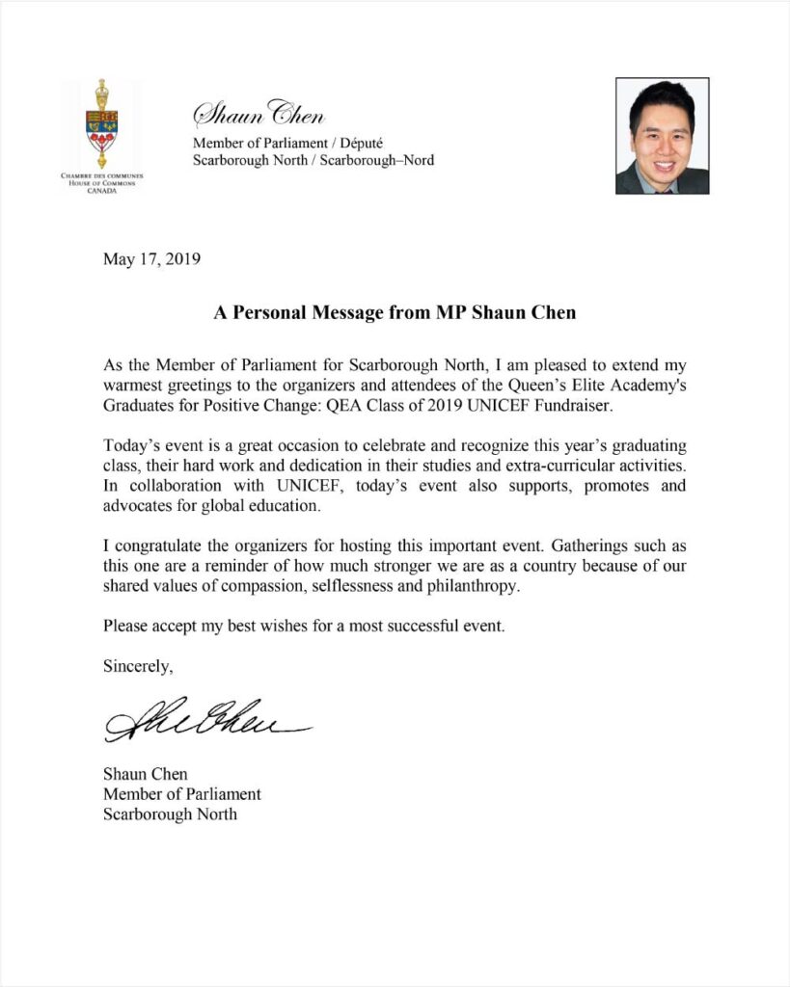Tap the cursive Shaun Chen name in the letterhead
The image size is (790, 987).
[259, 115]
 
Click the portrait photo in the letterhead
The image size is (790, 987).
[662, 136]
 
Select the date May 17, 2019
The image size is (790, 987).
[151, 259]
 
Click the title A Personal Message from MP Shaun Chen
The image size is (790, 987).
[395, 313]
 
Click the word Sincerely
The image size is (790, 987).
[139, 665]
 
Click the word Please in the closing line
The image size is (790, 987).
[126, 627]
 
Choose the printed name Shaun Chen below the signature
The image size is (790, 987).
[146, 774]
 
